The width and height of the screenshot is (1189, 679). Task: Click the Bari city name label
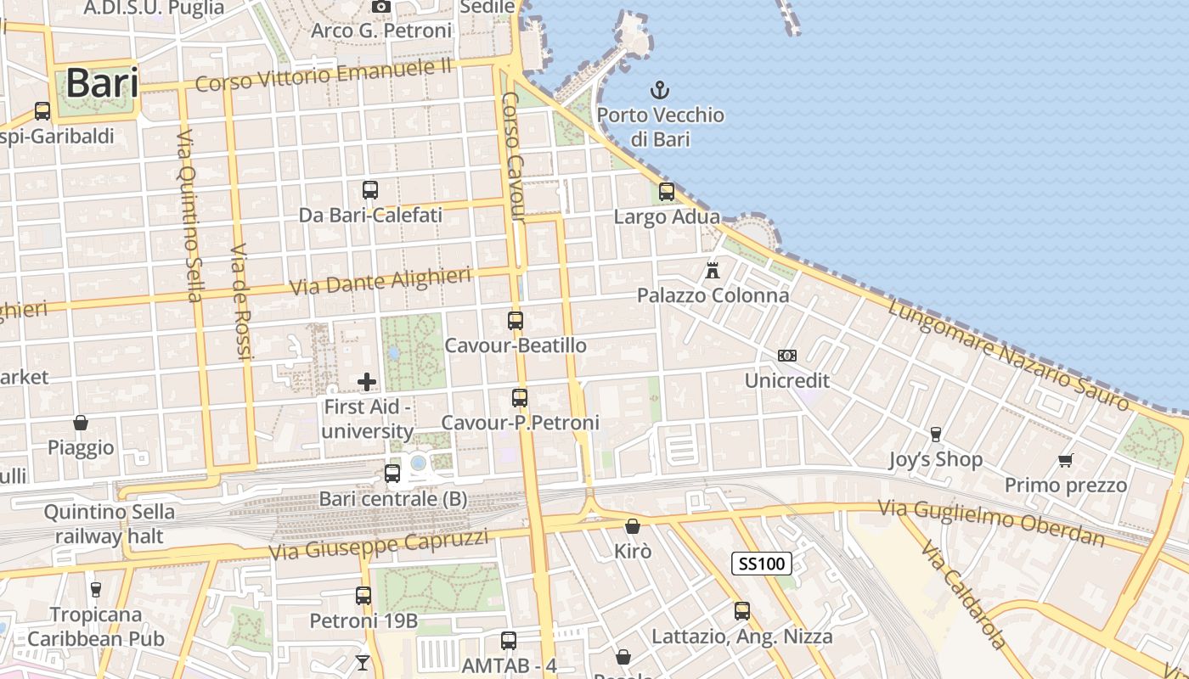101,83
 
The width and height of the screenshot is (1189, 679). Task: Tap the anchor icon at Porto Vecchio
660,89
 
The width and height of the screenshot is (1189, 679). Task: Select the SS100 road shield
762,563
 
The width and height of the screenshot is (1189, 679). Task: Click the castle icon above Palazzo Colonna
713,271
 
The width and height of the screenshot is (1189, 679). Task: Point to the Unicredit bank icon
787,356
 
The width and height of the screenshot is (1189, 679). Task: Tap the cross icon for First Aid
367,382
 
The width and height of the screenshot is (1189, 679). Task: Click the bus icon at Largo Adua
667,192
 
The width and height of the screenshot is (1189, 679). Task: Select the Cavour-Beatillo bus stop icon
516,321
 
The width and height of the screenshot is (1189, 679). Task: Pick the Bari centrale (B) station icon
392,474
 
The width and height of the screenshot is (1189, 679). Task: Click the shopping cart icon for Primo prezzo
1066,460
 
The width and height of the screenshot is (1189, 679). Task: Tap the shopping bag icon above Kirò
632,527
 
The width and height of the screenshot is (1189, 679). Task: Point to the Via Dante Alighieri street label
380,282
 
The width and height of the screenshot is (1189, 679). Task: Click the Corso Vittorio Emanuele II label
323,75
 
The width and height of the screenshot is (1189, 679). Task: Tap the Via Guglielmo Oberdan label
991,523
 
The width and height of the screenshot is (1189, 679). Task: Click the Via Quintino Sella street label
190,216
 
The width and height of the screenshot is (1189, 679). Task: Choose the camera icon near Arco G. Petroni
381,7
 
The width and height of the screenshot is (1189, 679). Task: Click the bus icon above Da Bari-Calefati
370,190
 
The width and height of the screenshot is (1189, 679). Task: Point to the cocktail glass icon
363,662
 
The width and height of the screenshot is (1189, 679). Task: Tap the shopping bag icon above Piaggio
81,423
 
